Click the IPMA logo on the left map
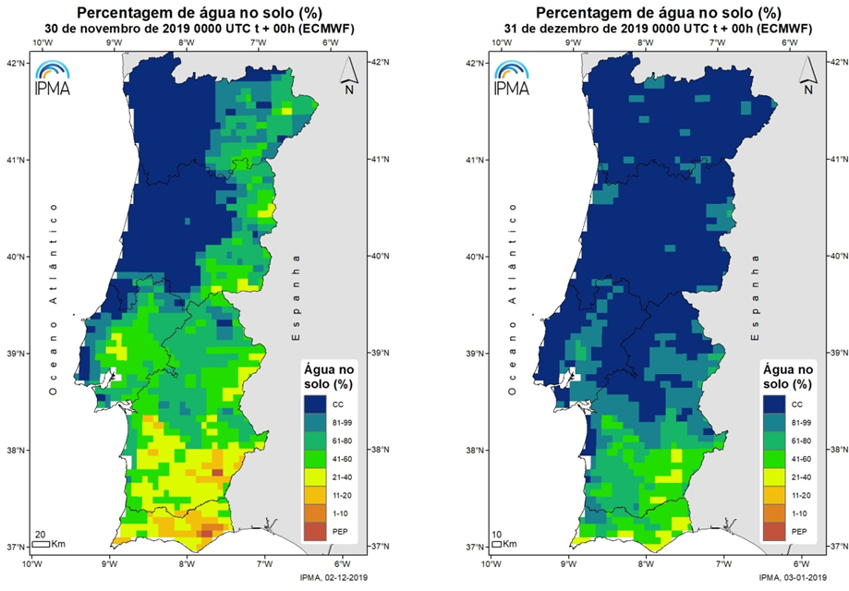click(52, 78)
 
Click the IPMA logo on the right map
click(511, 78)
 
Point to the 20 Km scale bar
click(40, 544)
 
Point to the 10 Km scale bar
click(500, 544)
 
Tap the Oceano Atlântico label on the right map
click(511, 304)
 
